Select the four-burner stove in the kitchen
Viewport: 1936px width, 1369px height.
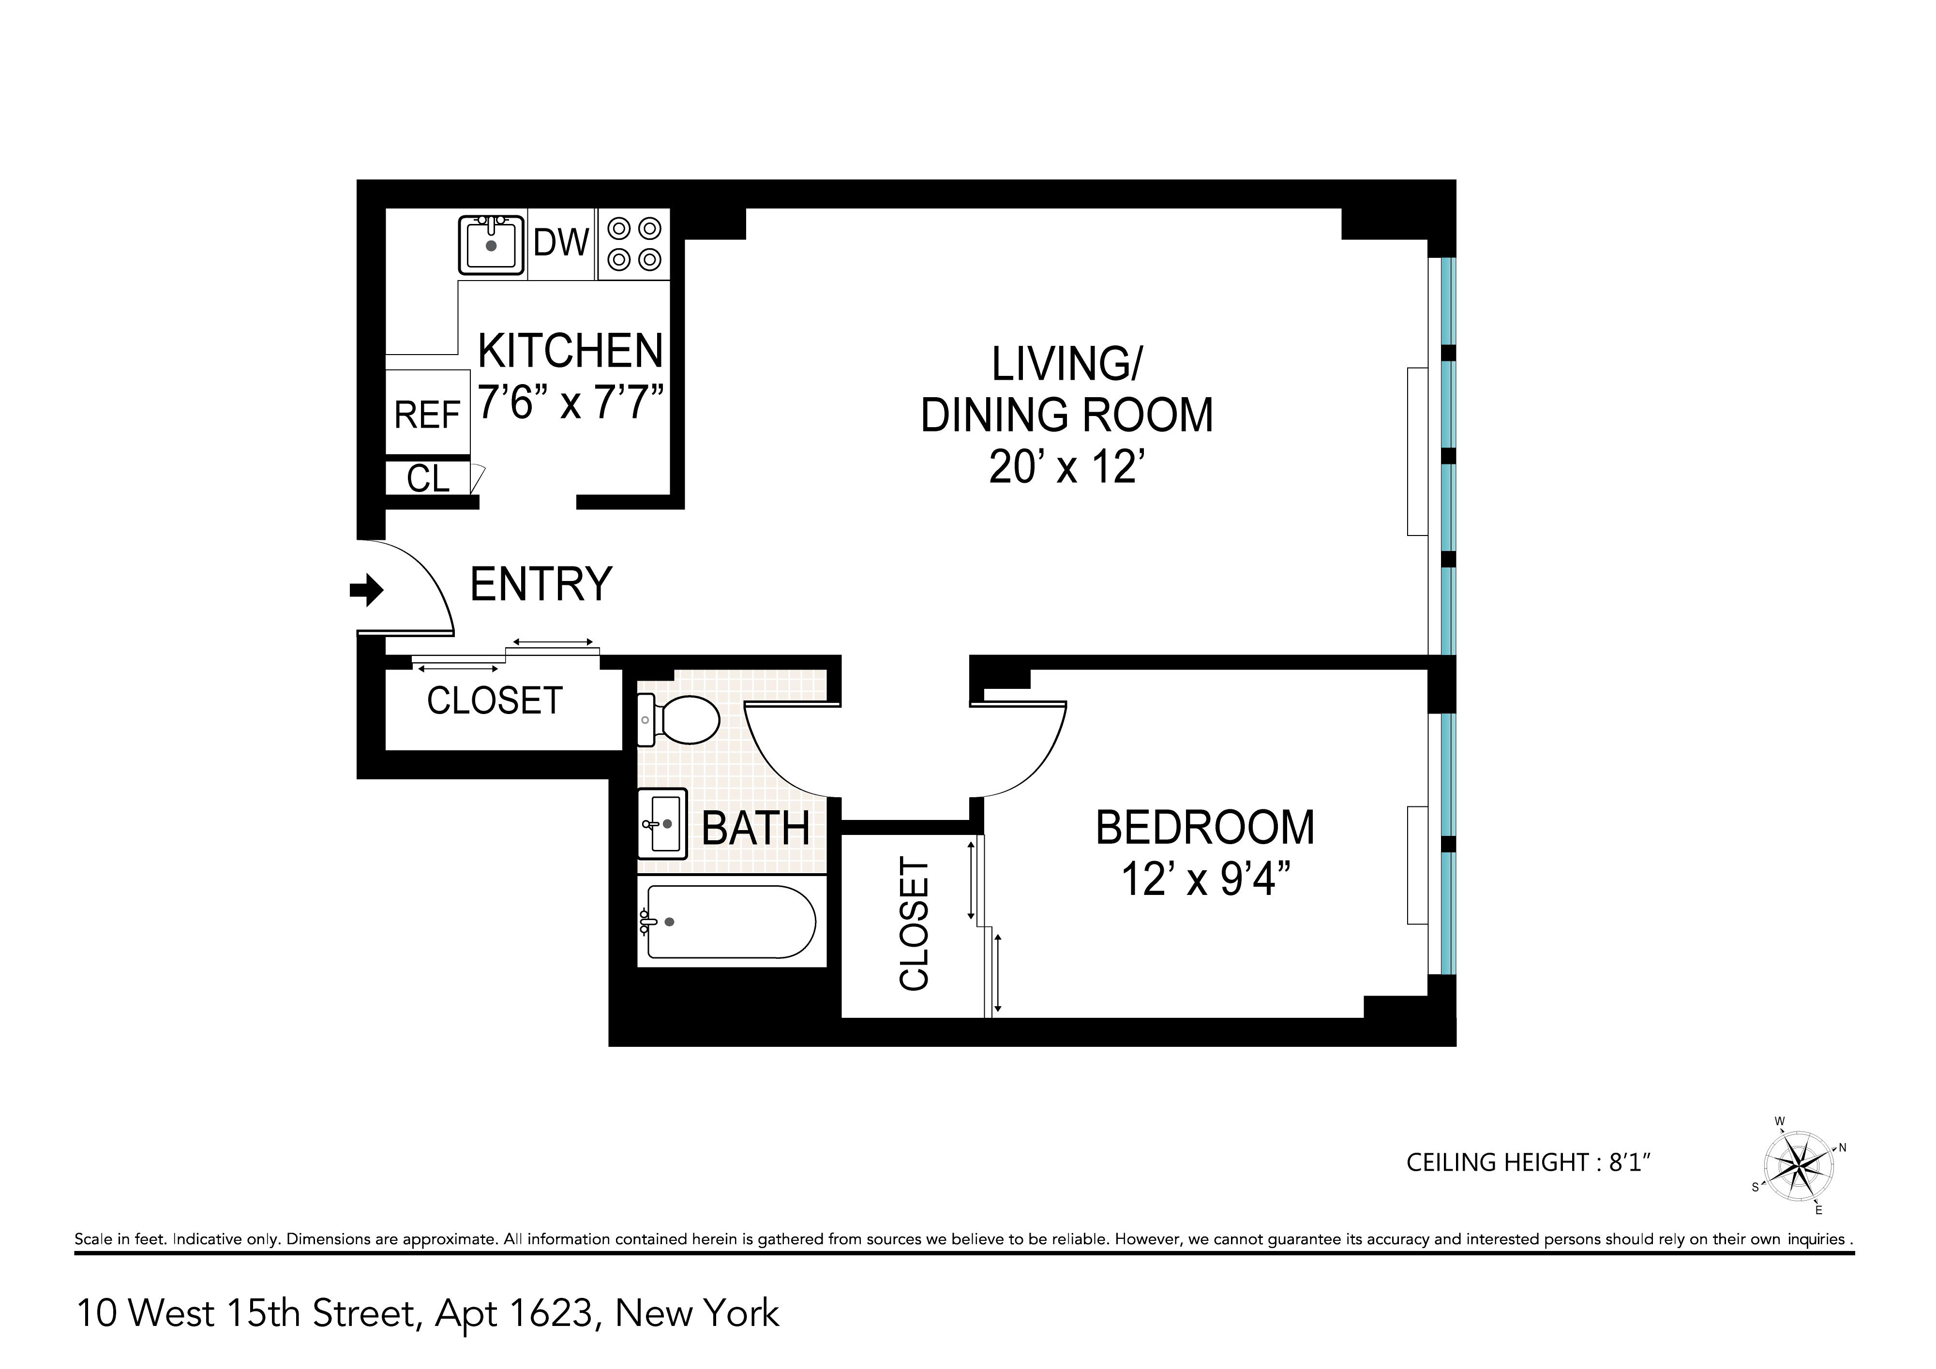pos(634,244)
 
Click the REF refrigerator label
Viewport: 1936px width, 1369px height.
pos(427,415)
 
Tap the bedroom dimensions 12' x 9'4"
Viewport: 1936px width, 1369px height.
pos(1206,880)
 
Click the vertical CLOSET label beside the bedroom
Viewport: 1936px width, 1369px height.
pos(914,924)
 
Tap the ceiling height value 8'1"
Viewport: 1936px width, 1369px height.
pos(1629,1162)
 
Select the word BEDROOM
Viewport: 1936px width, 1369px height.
pos(1205,827)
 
